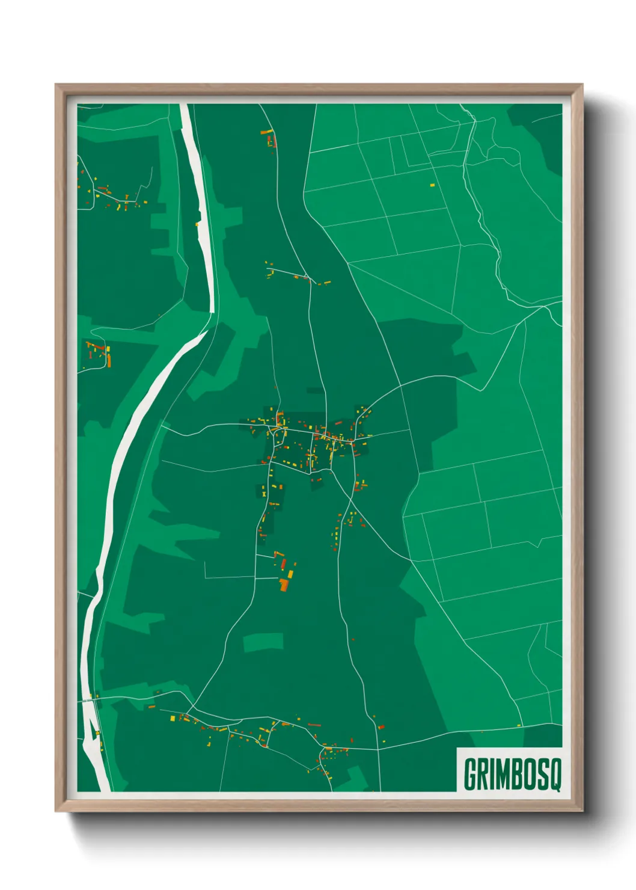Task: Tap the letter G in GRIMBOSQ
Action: (471, 775)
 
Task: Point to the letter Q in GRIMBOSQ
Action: (555, 775)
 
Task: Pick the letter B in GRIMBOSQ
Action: (517, 775)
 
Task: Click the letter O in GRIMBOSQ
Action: (530, 775)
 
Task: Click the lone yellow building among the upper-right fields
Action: (432, 185)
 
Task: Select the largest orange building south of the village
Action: (283, 584)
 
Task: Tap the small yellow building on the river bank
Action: (197, 224)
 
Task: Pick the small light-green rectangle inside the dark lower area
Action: (263, 642)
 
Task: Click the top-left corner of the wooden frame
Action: (56, 85)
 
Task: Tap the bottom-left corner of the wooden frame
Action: (56, 811)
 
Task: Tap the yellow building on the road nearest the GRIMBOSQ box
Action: (519, 726)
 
